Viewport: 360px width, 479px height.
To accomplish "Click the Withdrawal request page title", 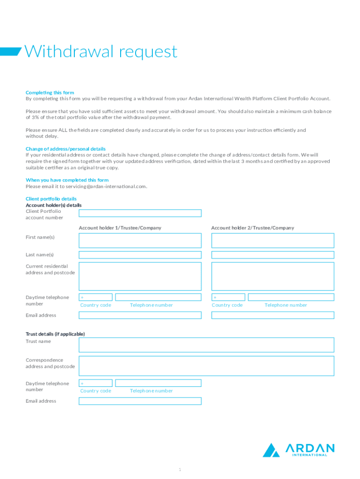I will (x=101, y=51).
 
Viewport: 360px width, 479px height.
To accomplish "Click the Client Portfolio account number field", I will (x=140, y=213).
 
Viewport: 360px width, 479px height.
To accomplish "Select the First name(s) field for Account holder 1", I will (x=140, y=240).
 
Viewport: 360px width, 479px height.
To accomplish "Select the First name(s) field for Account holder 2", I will (x=273, y=240).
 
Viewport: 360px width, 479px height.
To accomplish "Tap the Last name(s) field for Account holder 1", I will (x=140, y=255).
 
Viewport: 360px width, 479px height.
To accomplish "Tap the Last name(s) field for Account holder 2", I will (x=273, y=255).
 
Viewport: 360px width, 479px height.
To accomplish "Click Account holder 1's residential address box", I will (x=140, y=276).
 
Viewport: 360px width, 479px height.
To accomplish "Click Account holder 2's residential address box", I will (x=273, y=276).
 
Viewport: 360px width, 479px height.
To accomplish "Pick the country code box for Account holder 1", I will (x=96, y=297).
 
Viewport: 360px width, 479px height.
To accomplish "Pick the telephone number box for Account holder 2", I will (x=291, y=297).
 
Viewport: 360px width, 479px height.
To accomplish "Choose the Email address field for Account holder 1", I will (x=140, y=315).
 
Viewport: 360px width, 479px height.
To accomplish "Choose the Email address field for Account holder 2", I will (x=273, y=315).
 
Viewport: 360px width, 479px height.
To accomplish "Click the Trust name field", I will (x=206, y=345).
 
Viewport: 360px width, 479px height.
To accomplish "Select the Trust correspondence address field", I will (x=206, y=366).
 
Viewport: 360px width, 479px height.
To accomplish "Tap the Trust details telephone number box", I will (x=158, y=383).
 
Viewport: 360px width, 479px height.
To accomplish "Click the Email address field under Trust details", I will (x=140, y=401).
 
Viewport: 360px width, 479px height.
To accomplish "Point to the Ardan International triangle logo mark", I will (x=271, y=450).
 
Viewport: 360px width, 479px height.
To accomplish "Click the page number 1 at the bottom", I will (x=180, y=469).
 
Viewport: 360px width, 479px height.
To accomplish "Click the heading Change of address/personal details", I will (x=65, y=149).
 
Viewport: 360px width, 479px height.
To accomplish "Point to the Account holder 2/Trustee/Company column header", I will (x=252, y=228).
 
